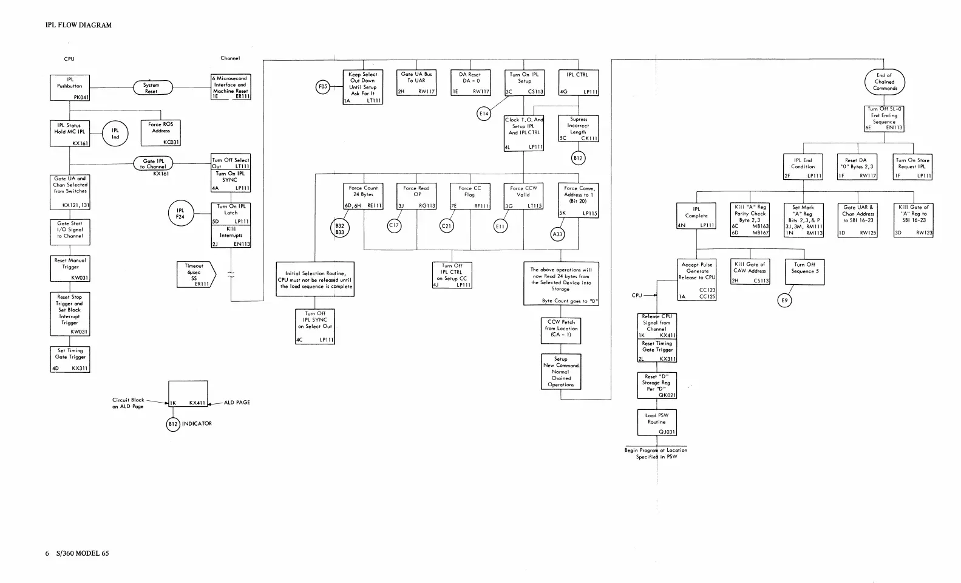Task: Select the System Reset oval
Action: pos(152,88)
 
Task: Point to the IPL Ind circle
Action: pos(115,134)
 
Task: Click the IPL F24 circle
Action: pos(180,213)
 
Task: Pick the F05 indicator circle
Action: pos(323,87)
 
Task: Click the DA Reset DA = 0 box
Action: pos(470,83)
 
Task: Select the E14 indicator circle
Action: pos(484,114)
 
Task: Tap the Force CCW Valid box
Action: pos(523,196)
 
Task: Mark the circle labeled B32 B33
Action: pos(339,228)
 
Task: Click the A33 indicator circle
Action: pos(557,234)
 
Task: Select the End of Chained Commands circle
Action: pos(885,82)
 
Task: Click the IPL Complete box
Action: pos(696,216)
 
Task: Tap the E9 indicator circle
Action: pos(785,300)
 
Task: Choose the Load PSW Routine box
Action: pos(657,422)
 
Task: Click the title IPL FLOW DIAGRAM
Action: pos(78,26)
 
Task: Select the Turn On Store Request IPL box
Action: pos(913,167)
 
